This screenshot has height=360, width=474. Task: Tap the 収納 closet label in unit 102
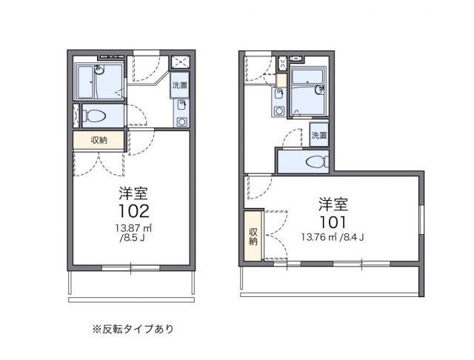99,141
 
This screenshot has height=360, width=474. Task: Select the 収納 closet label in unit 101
253,236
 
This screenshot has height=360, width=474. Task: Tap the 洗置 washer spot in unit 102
179,85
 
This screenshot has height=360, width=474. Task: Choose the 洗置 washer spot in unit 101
319,136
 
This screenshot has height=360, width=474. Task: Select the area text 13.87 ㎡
133,227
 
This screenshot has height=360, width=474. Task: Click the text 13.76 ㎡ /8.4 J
333,237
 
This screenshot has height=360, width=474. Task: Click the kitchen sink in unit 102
181,104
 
